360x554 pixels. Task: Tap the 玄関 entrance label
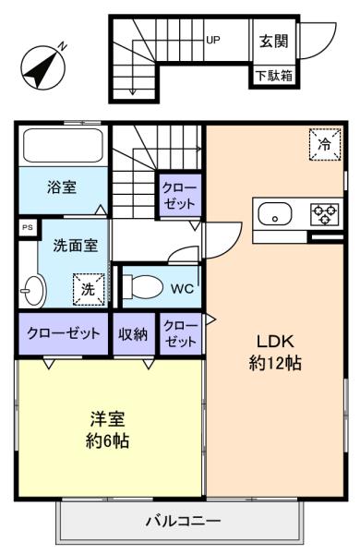pyautogui.click(x=274, y=42)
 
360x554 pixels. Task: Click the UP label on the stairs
pyautogui.click(x=213, y=40)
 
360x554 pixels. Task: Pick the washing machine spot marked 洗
pyautogui.click(x=90, y=288)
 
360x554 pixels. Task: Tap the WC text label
pyautogui.click(x=181, y=287)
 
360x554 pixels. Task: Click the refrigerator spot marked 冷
pyautogui.click(x=324, y=145)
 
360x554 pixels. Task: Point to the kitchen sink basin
pyautogui.click(x=275, y=216)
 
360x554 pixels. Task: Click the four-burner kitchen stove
pyautogui.click(x=324, y=214)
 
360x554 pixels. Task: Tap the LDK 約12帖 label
pyautogui.click(x=276, y=351)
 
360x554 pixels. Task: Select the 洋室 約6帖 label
pyautogui.click(x=108, y=429)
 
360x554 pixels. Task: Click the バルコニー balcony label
pyautogui.click(x=183, y=520)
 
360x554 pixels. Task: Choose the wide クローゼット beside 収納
pyautogui.click(x=62, y=333)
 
